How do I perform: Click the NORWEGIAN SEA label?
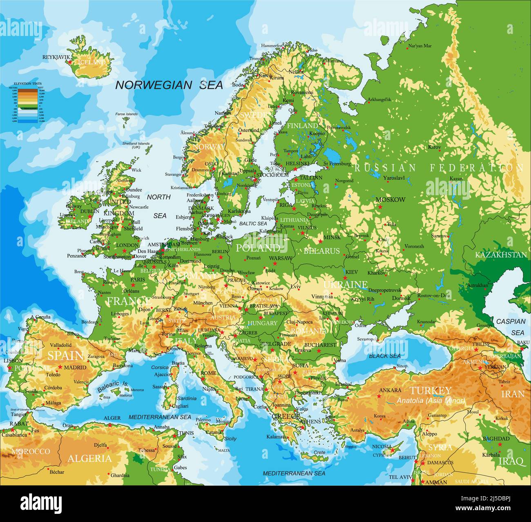(x=169, y=85)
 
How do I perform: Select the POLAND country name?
(x=258, y=248)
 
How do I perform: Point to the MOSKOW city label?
(x=390, y=200)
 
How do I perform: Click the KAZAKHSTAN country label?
(x=501, y=255)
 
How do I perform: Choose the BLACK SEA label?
(x=385, y=356)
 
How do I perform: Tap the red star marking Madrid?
(x=60, y=367)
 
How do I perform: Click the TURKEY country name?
(x=431, y=390)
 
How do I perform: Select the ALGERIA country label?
(x=89, y=458)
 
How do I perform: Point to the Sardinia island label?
(x=187, y=398)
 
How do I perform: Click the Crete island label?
(x=319, y=453)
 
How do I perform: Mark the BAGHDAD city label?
(x=496, y=438)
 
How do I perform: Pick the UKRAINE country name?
(x=345, y=284)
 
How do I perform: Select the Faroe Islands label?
(x=126, y=114)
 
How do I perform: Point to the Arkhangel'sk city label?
(x=379, y=99)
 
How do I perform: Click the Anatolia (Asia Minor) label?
(x=431, y=401)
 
